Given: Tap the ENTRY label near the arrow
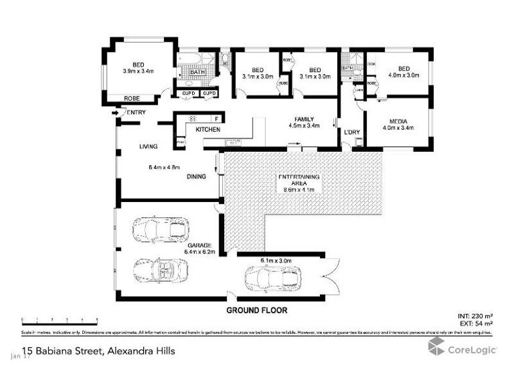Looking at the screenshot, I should (x=136, y=113).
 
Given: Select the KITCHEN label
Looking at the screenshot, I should (x=208, y=130).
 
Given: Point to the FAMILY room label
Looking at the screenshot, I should (x=304, y=120).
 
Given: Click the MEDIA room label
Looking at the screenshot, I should (x=398, y=120).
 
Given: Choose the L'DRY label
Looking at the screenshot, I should (x=351, y=133).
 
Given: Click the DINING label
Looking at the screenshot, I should (x=197, y=177).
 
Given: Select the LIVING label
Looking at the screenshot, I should (x=148, y=147).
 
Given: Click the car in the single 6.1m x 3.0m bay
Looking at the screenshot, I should (x=272, y=279).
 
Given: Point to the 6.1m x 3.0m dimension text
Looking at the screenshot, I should (x=276, y=261).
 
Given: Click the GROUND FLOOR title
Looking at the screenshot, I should (x=256, y=310).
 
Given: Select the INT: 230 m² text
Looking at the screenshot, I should (x=475, y=317).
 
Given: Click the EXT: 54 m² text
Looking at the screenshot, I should (x=475, y=324).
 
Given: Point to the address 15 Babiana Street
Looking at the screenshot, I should (x=97, y=351).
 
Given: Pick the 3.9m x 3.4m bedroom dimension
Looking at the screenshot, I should (x=138, y=71).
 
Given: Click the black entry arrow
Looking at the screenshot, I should (x=116, y=113).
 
